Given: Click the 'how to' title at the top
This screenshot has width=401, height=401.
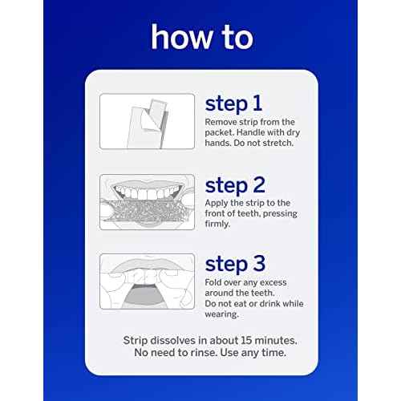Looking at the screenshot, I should coord(200,38).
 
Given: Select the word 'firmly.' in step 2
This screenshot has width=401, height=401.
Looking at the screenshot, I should coord(218,225).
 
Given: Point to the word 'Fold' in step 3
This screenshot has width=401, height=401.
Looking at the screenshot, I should coord(214,281).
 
